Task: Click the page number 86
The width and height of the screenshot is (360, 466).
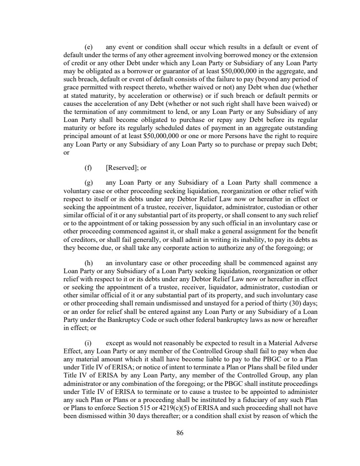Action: pyautogui.click(x=180, y=433)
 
